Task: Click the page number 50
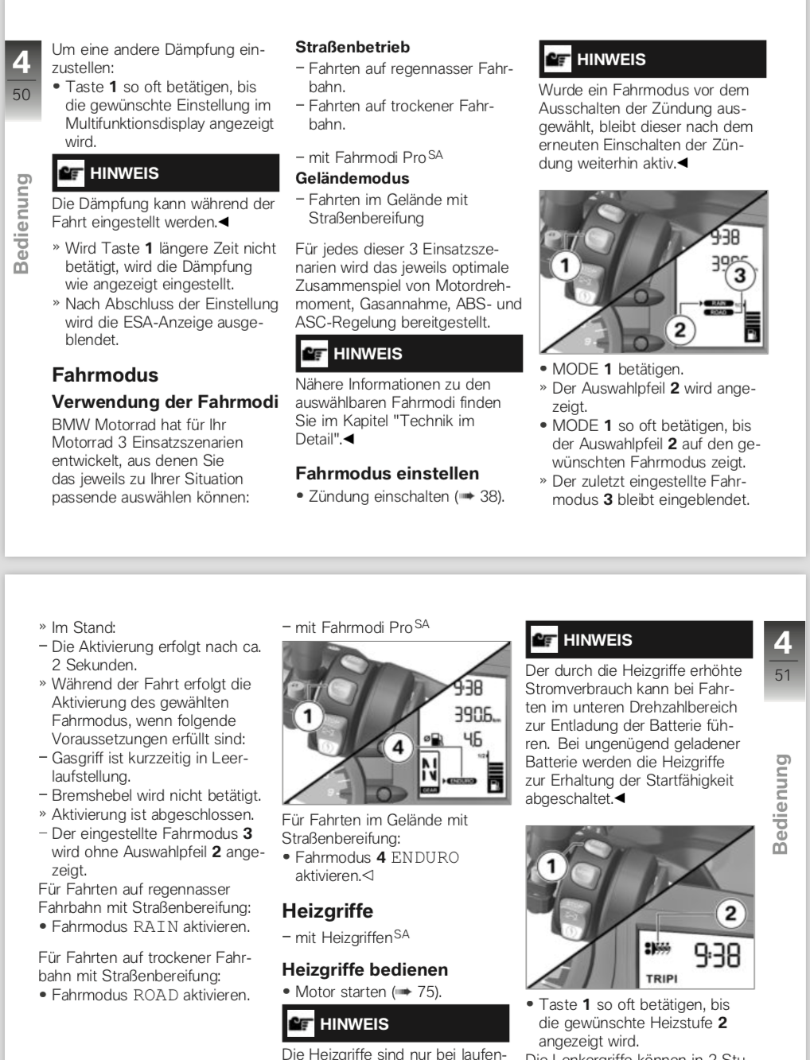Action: (x=21, y=95)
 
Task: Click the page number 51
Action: (x=783, y=675)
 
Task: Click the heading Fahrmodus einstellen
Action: (x=387, y=473)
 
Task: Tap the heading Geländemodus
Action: (x=352, y=178)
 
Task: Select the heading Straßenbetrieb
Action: (x=352, y=47)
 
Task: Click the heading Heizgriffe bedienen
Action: (x=364, y=969)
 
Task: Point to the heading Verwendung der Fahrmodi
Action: (x=165, y=402)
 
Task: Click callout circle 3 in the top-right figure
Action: (x=740, y=276)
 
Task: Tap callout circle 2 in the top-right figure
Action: (x=680, y=329)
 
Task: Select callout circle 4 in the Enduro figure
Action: (x=398, y=747)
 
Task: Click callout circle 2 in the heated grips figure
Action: (x=730, y=913)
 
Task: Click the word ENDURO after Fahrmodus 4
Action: (x=425, y=858)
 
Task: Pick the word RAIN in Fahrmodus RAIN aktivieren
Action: (x=155, y=927)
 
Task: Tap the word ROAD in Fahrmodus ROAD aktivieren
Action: (x=155, y=996)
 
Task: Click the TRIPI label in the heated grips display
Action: (x=661, y=978)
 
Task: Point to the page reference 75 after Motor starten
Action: (x=428, y=992)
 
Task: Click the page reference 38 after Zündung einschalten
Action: (x=490, y=496)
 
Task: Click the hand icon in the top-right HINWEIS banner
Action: (x=558, y=60)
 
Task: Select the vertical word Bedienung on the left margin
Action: (x=21, y=223)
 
